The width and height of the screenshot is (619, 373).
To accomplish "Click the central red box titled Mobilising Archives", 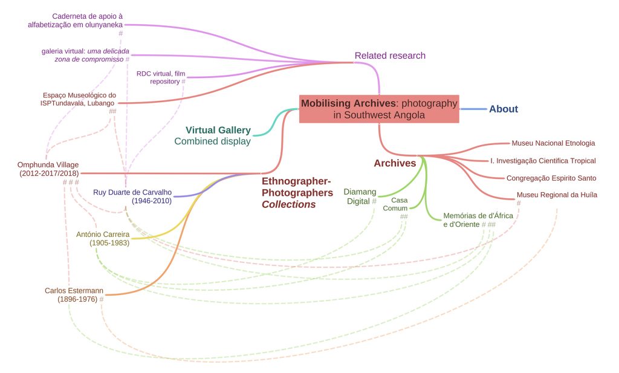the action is [379, 109].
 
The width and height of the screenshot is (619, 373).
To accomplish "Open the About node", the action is [504, 109].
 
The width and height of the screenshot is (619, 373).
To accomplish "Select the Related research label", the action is [390, 56].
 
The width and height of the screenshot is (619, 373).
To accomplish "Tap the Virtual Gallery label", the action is [218, 130].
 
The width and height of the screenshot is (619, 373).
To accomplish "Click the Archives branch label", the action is [395, 163].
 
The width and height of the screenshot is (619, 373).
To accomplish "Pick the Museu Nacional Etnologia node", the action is [553, 143].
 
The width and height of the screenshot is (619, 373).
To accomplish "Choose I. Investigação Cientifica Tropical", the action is [543, 161].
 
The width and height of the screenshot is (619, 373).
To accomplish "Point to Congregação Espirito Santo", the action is [551, 178].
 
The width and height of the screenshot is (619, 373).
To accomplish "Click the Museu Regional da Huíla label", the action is [557, 195].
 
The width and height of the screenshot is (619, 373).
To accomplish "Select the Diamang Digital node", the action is [360, 196].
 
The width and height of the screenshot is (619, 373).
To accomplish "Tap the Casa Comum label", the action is [395, 204].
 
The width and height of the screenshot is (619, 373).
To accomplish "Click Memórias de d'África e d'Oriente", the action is [478, 220].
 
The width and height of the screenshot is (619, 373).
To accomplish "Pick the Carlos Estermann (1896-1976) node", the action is [74, 295].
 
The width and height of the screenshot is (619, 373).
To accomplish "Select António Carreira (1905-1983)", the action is [103, 238].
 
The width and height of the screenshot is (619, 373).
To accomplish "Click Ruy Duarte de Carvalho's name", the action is [132, 192].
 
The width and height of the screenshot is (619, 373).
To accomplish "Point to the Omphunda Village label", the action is [48, 165].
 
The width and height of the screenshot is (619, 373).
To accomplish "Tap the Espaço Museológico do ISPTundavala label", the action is [78, 99].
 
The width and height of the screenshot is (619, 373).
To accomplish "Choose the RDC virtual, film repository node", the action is [161, 77].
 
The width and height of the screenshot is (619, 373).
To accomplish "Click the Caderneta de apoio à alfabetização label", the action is [75, 21].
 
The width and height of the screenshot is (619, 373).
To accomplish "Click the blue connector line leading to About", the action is [473, 109].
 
